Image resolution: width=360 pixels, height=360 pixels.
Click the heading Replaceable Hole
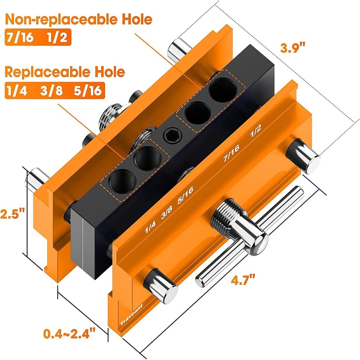click(x=64, y=72)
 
